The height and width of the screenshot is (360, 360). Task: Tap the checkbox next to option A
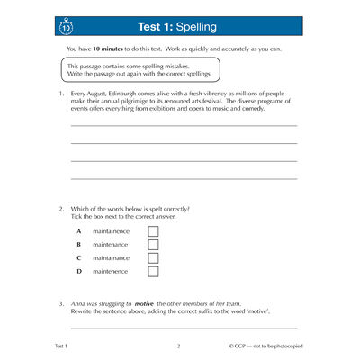152,231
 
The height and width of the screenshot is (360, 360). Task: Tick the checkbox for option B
152,245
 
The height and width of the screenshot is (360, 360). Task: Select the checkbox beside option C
152,258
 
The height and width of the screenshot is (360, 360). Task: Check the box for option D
152,272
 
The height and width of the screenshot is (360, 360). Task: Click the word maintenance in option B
110,245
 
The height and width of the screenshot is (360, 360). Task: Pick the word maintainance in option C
111,258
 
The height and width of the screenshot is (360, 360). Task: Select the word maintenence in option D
110,272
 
